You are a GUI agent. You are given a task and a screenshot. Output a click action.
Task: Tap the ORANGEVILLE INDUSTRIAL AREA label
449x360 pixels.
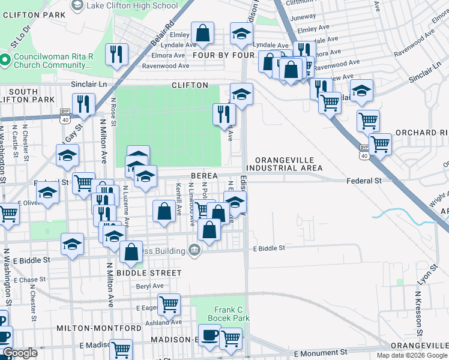289,164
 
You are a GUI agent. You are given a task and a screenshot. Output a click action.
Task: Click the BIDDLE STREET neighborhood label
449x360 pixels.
148,273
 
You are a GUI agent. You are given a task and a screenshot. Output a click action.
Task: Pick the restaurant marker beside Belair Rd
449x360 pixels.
116,54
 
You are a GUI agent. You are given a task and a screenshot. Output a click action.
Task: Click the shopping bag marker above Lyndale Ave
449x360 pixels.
203,34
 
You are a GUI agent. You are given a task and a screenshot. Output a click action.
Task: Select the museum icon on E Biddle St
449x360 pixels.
194,249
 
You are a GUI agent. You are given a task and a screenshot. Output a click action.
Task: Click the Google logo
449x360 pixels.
20,353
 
